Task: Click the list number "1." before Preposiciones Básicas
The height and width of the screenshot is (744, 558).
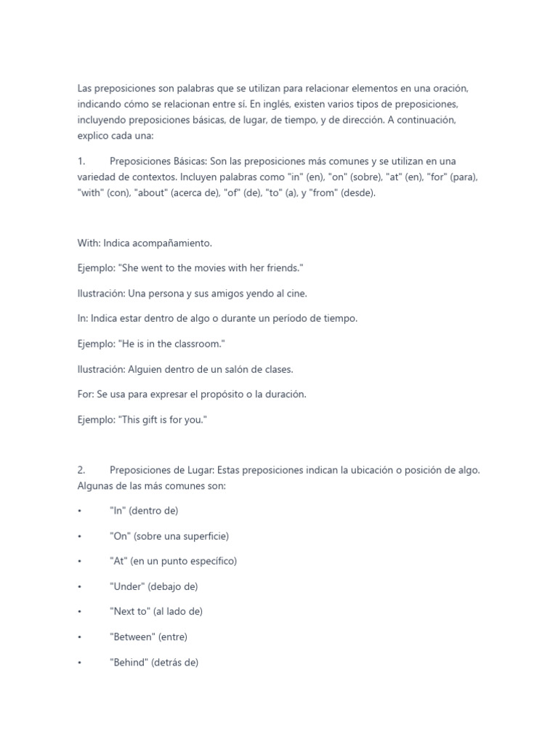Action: pos(81,161)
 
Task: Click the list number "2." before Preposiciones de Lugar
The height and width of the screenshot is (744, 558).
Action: pos(81,470)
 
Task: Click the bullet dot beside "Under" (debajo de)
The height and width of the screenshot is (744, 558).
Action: pos(79,586)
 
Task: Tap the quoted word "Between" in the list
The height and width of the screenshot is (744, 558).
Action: pos(133,636)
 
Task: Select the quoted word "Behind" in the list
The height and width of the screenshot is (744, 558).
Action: pos(129,662)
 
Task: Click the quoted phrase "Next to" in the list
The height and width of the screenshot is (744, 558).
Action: pos(129,611)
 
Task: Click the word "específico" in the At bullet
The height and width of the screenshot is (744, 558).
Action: pos(211,561)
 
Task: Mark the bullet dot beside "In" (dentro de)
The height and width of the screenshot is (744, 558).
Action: pos(79,511)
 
